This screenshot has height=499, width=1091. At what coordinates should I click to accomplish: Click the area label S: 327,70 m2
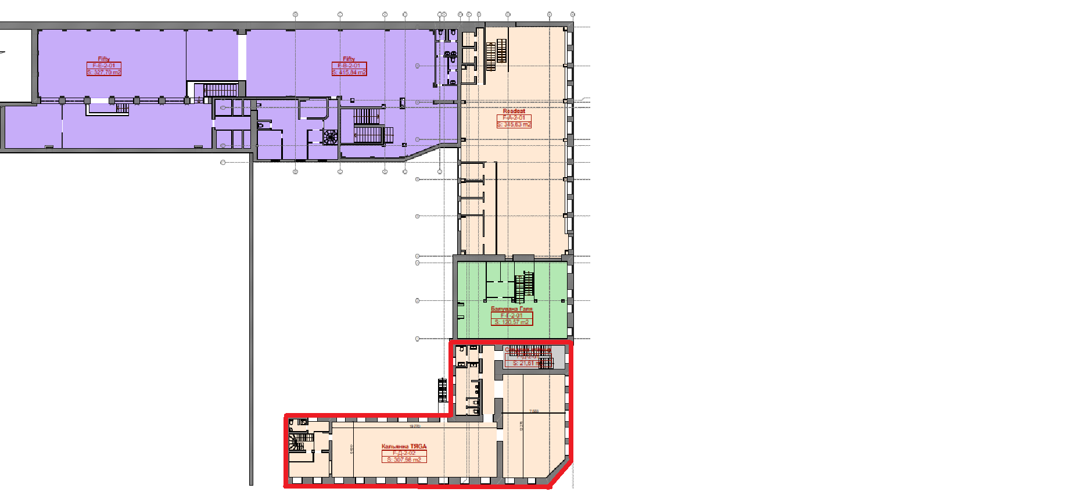click(104, 73)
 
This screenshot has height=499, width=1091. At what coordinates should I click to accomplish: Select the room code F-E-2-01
click(104, 66)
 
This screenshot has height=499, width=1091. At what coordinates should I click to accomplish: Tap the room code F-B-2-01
click(349, 66)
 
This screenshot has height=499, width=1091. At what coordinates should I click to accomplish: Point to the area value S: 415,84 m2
click(349, 73)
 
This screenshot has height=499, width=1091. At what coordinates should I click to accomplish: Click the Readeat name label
click(514, 111)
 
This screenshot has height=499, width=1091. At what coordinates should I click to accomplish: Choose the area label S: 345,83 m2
click(514, 124)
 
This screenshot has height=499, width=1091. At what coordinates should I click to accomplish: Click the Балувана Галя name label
click(511, 309)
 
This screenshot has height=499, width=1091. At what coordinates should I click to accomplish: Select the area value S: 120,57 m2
click(512, 322)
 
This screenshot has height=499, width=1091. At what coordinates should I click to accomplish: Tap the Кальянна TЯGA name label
click(404, 446)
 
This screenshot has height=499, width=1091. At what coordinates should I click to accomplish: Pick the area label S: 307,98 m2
click(404, 459)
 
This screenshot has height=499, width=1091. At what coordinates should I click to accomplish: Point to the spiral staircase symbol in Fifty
click(331, 137)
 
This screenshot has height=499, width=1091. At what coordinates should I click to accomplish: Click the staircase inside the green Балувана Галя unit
click(525, 286)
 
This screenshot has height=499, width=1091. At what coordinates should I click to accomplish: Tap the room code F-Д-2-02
click(404, 453)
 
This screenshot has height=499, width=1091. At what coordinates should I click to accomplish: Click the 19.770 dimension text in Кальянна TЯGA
click(415, 426)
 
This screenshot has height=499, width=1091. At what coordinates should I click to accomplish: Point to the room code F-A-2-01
click(514, 118)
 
